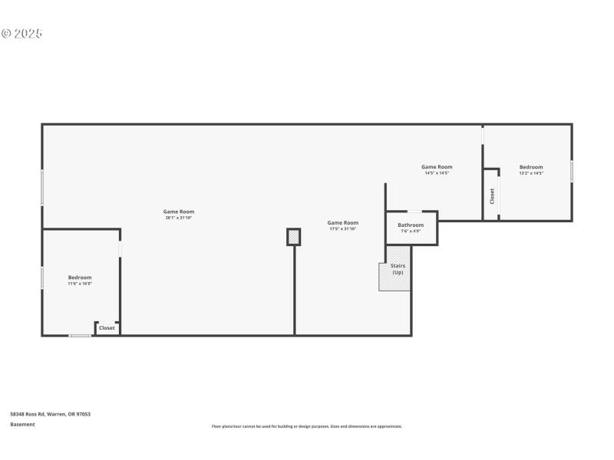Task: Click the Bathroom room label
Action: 411,225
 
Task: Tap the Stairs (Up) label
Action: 398,269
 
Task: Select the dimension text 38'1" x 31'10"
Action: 178,218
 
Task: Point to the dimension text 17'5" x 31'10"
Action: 343,228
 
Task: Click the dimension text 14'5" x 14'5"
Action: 437,173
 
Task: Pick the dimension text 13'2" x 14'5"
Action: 531,173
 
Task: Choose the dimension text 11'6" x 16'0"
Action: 80,284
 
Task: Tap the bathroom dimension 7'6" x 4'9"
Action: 411,231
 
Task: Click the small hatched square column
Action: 293,237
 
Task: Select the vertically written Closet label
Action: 492,195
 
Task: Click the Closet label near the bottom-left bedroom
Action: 107,327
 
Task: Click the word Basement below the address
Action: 22,424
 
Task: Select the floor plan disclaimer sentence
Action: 307,426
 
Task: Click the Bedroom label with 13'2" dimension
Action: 531,167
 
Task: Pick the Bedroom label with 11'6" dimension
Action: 80,278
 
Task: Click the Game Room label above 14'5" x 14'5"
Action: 437,166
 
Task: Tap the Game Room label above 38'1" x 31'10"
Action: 178,212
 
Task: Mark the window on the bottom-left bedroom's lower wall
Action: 80,335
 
